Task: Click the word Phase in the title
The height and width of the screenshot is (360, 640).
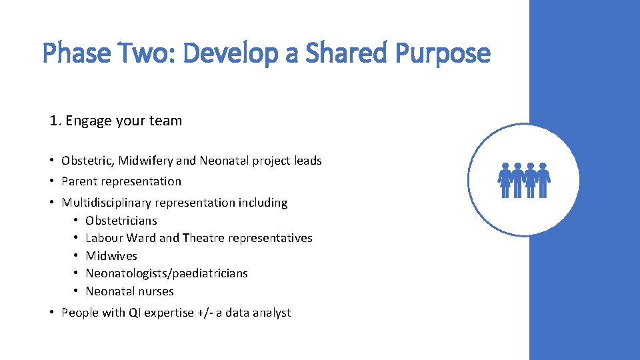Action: coord(75,53)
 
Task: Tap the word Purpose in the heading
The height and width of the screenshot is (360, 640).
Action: coord(443,53)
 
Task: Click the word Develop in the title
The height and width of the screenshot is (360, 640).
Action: coord(231,53)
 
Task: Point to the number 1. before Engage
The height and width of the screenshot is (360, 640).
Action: coord(55,121)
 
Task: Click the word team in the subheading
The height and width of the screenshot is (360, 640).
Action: coord(167,121)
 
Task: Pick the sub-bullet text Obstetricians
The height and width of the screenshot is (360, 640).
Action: coord(121,221)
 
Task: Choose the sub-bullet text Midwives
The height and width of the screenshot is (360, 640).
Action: coord(111,256)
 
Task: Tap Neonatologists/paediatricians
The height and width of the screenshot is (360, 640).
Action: coord(167,273)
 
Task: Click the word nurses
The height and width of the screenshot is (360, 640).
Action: coord(157,291)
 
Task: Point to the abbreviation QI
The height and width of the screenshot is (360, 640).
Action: coord(135,313)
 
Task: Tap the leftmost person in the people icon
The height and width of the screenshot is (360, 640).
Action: coord(505,180)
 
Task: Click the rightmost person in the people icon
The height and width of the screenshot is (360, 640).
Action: coord(543,180)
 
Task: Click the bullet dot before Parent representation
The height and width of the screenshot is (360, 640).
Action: coord(51,181)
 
